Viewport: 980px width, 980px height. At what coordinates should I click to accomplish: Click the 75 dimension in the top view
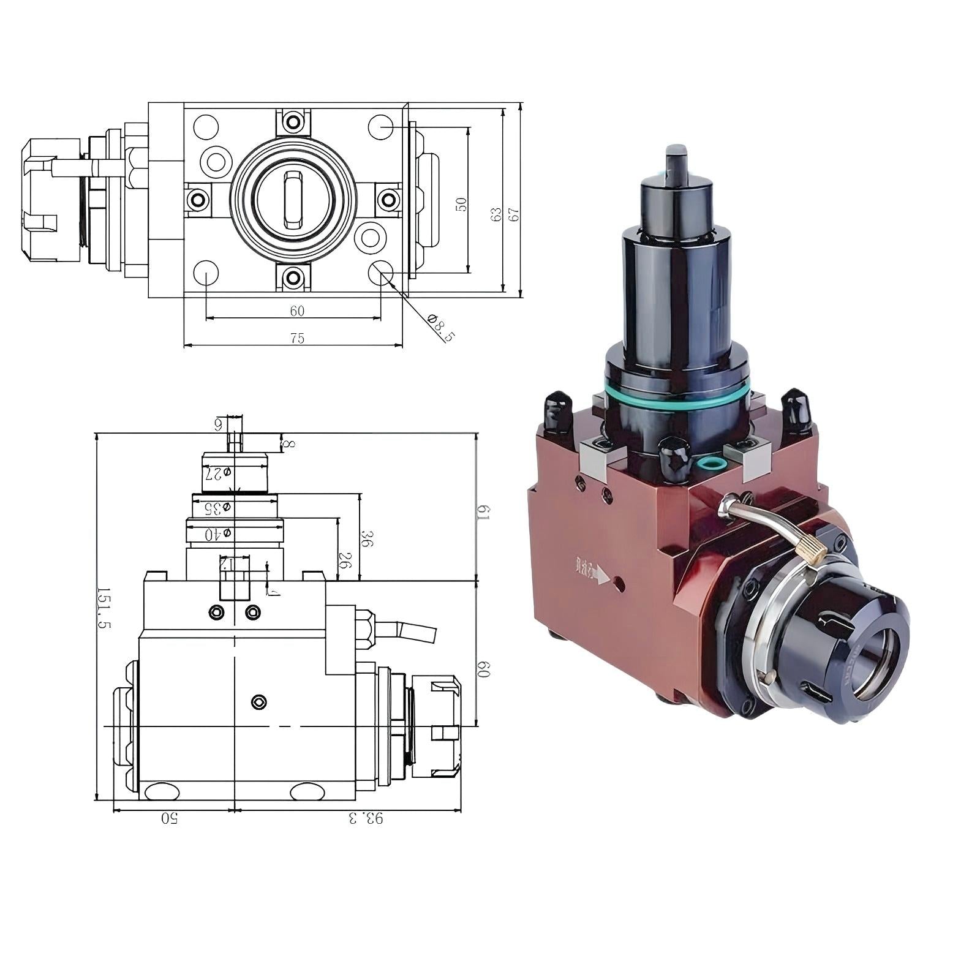pyautogui.click(x=297, y=338)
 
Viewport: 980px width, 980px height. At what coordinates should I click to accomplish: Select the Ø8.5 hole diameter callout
pyautogui.click(x=441, y=328)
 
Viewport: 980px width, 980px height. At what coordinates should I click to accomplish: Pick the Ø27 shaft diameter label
pyautogui.click(x=218, y=473)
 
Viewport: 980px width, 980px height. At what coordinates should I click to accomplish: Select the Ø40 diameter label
pyautogui.click(x=218, y=534)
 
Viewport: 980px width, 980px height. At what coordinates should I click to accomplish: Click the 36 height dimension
pyautogui.click(x=367, y=539)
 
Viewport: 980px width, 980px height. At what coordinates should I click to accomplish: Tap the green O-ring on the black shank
pyautogui.click(x=677, y=395)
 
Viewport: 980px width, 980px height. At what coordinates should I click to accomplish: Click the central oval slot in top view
pyautogui.click(x=293, y=199)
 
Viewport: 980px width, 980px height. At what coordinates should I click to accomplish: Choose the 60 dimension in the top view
pyautogui.click(x=297, y=311)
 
